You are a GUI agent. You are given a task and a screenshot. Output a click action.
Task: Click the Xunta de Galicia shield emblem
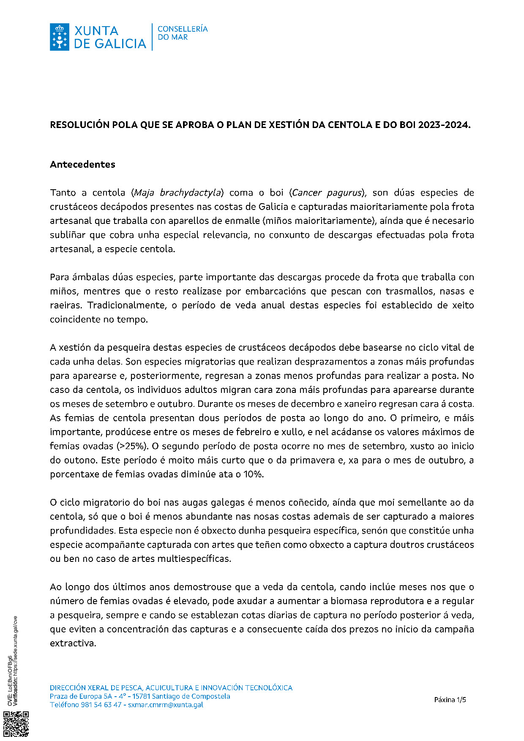pos(59,37)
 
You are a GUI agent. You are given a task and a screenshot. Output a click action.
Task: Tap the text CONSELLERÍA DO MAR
pos(182,33)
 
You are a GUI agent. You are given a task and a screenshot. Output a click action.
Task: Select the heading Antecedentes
pos(82,164)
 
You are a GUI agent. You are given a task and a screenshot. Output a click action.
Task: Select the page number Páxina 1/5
pos(450,700)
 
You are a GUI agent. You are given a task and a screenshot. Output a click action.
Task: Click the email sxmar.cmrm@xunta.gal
pos(166,705)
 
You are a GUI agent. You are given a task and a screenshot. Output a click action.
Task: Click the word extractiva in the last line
pos(73,643)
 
